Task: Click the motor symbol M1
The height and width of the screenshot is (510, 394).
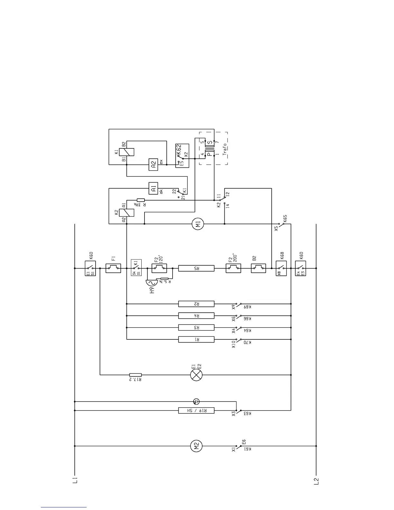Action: coord(198,224)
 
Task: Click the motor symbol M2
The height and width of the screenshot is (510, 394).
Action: coord(196,446)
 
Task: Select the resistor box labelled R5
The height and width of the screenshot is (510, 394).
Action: coord(196,268)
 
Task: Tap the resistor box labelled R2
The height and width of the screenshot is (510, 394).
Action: coord(196,304)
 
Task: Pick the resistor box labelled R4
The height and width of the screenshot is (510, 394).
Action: coord(196,316)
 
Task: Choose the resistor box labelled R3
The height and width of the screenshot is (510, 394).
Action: coord(196,327)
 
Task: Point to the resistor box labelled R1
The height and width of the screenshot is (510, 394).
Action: coord(196,339)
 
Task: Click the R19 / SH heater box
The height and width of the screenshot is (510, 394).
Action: coord(196,411)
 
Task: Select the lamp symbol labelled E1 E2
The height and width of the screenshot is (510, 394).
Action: coord(196,375)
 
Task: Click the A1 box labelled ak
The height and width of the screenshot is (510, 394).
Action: coord(153,188)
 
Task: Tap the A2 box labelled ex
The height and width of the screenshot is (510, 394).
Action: coord(153,165)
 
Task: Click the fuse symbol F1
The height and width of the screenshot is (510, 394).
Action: coord(113,268)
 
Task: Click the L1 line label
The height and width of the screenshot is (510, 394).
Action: coord(75,480)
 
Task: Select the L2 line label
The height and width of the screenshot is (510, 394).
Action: coord(316,481)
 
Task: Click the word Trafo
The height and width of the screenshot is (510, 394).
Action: coord(225,149)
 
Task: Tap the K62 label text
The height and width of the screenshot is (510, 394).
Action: coord(179,150)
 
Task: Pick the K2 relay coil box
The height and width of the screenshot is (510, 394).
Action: coord(127,212)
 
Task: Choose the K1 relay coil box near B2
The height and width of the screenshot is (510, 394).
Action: coord(127,152)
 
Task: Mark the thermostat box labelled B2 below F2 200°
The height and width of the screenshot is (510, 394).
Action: coord(258,268)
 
